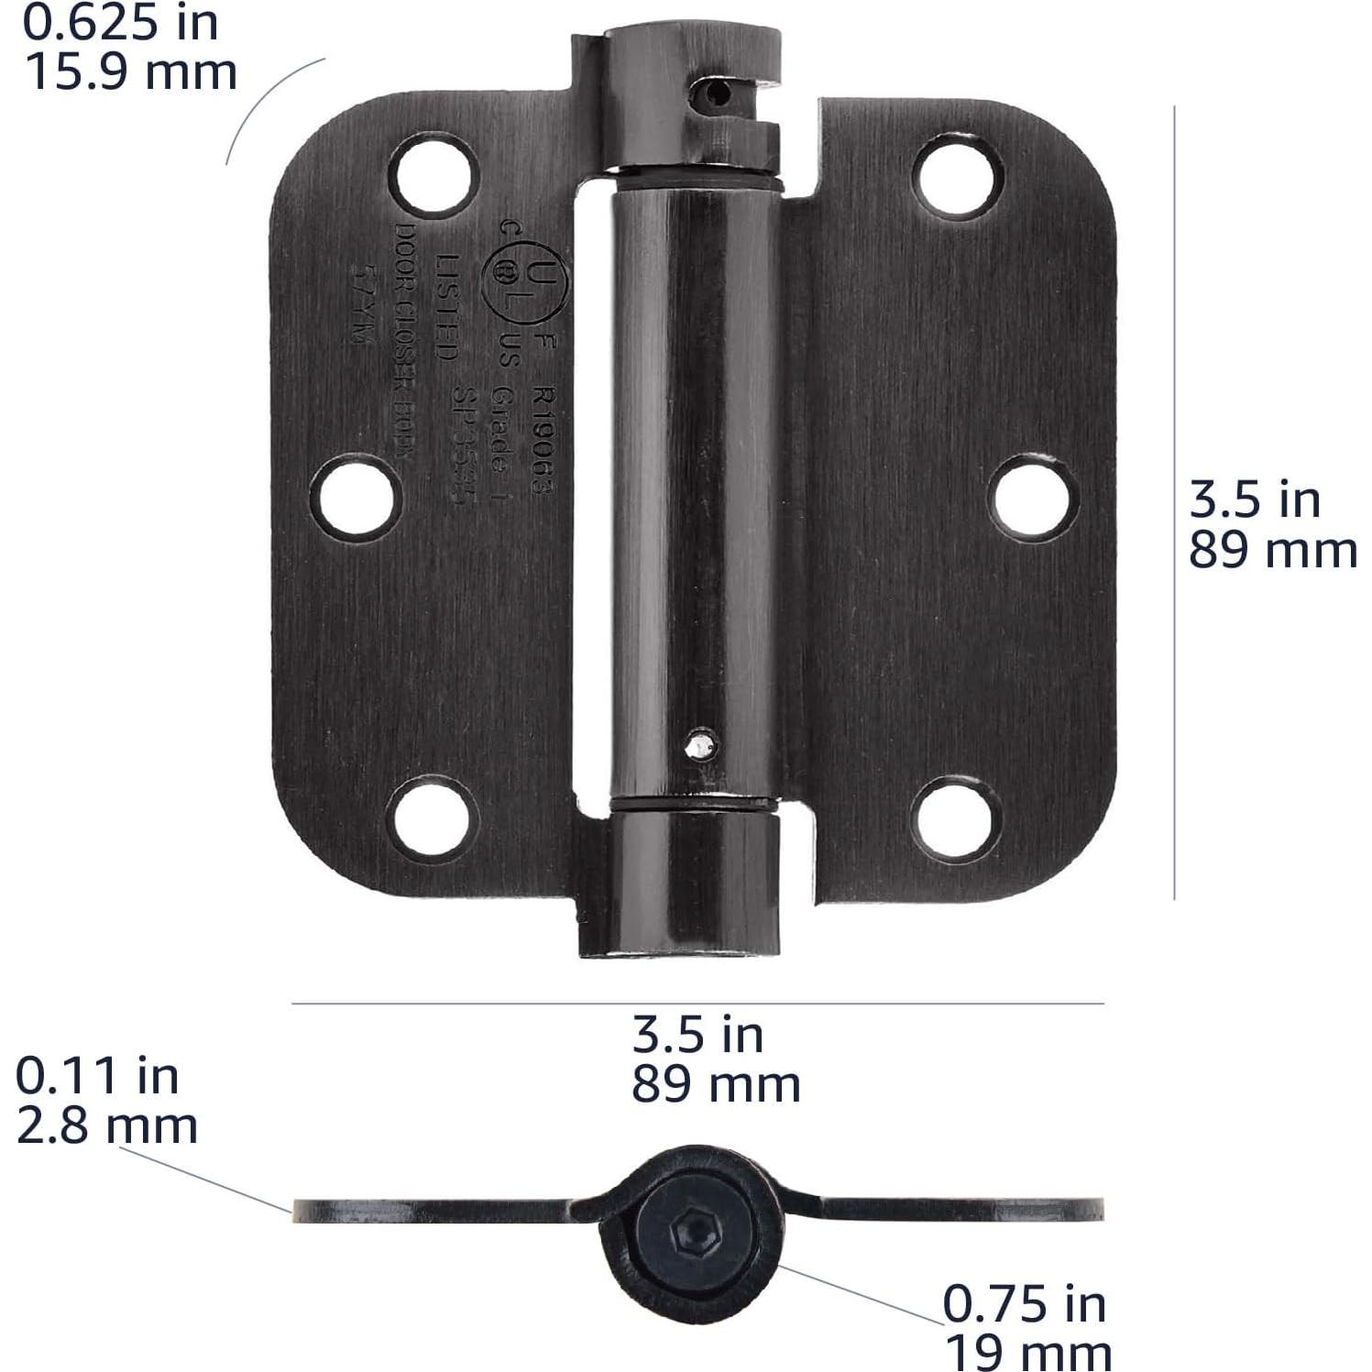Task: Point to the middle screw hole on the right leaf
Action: (x=1037, y=496)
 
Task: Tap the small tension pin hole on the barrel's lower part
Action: (x=701, y=746)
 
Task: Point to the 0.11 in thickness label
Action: (x=97, y=1075)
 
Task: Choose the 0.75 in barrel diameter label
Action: (x=1025, y=1303)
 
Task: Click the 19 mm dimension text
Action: (x=1028, y=1352)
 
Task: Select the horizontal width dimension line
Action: (x=697, y=1004)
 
